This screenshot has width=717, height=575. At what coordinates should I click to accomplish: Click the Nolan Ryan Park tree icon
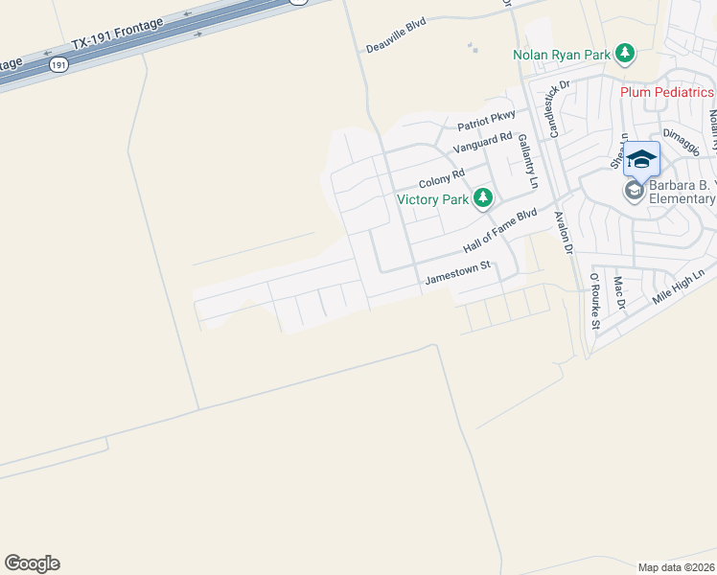point(625,53)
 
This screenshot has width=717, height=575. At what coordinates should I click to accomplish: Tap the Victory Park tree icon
point(484,198)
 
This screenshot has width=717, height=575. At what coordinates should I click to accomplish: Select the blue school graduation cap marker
point(641,158)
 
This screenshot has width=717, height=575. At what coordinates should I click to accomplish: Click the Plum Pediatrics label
point(667,92)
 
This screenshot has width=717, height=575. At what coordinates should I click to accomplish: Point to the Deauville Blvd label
point(396,34)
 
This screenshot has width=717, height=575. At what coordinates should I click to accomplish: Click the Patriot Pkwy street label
point(486,121)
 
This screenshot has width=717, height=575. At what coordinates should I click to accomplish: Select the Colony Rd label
point(441,179)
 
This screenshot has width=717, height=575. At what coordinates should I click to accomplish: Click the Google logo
point(32,563)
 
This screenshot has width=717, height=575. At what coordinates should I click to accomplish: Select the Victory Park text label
point(433,199)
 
